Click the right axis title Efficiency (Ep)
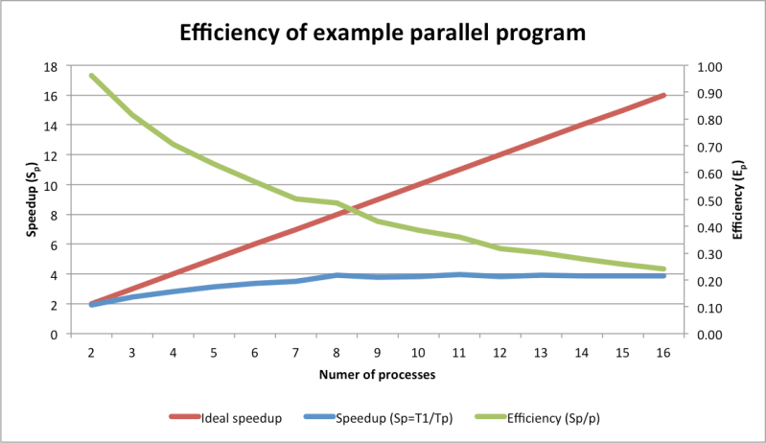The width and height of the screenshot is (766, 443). (737, 199)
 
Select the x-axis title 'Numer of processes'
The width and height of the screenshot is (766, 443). (378, 375)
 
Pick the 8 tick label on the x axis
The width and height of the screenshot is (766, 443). (337, 353)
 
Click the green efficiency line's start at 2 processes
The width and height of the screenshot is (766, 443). (91, 75)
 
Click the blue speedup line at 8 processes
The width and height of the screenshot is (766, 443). (337, 275)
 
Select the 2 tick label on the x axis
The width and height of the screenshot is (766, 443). (91, 353)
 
